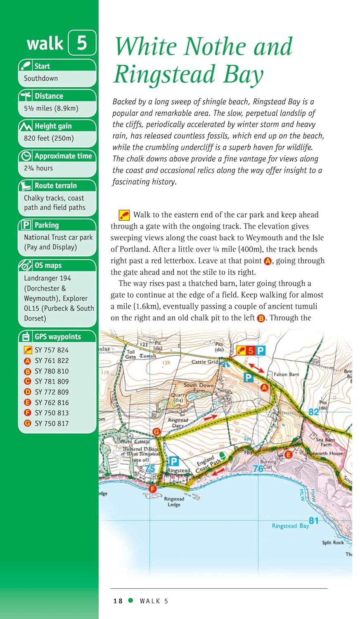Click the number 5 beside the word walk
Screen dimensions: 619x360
pyautogui.click(x=82, y=43)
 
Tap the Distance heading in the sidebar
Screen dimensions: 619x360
pyautogui.click(x=49, y=96)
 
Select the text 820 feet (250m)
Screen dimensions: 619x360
pyautogui.click(x=49, y=138)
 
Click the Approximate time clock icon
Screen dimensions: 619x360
pyautogui.click(x=26, y=156)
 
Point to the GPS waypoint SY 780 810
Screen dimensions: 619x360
pyautogui.click(x=52, y=371)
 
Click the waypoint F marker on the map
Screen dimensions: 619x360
pyautogui.click(x=153, y=489)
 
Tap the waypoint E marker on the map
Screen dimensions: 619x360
pyautogui.click(x=288, y=455)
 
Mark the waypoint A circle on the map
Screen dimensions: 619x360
pyautogui.click(x=265, y=387)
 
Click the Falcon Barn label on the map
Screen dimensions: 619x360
pyautogui.click(x=286, y=374)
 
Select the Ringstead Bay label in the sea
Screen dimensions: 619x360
pyautogui.click(x=290, y=526)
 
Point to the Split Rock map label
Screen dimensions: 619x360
pyautogui.click(x=333, y=543)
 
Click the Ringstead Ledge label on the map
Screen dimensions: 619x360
pyautogui.click(x=174, y=502)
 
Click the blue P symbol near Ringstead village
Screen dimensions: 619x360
pyautogui.click(x=174, y=461)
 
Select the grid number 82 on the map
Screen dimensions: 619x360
pyautogui.click(x=314, y=412)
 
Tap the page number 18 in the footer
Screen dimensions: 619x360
pyautogui.click(x=118, y=601)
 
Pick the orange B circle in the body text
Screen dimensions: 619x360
pyautogui.click(x=261, y=319)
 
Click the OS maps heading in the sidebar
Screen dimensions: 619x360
pyautogui.click(x=48, y=265)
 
